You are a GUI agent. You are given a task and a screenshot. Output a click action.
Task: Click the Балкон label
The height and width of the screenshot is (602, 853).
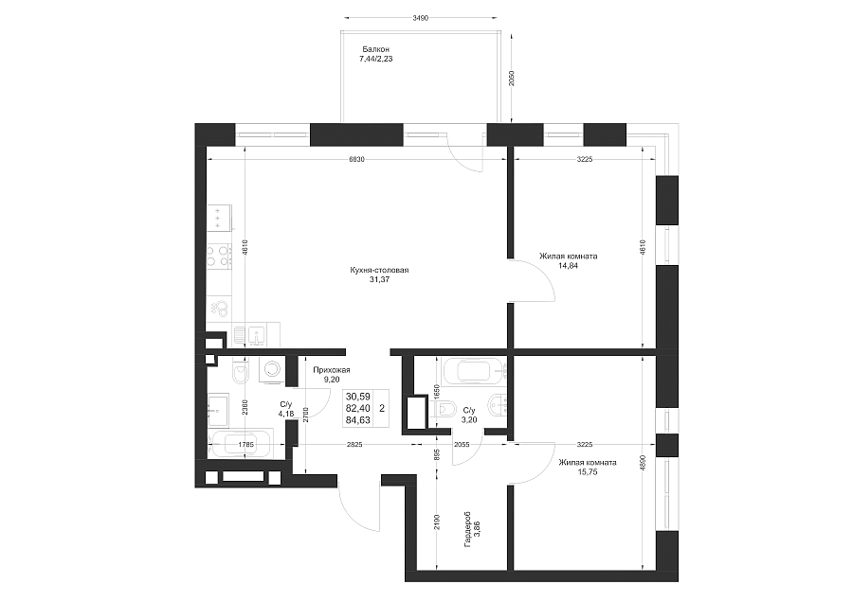point(376,49)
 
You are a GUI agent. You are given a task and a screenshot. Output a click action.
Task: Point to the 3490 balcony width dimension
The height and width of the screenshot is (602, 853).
point(420,18)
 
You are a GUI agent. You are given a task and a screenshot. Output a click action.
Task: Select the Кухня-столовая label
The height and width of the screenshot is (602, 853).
point(379,270)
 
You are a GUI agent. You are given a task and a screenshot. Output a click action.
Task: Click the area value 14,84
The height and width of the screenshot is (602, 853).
point(569,266)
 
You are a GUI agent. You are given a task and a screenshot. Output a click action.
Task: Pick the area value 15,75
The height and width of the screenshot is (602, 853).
point(588,472)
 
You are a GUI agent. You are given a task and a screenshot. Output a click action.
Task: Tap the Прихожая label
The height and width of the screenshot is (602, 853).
point(332,370)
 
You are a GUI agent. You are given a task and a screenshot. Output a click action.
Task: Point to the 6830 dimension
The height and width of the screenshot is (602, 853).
point(356,159)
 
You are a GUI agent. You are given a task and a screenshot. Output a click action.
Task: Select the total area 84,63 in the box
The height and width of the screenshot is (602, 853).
point(358,419)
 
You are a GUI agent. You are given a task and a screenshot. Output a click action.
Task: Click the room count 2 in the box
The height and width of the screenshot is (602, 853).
point(382,408)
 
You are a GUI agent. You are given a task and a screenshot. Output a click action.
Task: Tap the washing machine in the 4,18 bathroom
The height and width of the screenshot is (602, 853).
point(271,371)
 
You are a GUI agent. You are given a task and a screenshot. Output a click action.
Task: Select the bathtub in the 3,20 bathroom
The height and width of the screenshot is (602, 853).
point(475,372)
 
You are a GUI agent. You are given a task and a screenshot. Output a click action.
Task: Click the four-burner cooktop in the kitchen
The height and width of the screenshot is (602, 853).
point(220,256)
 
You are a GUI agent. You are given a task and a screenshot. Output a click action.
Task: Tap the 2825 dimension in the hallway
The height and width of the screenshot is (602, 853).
point(354,445)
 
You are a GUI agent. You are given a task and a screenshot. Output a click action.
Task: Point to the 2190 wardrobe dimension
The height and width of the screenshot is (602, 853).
point(437,522)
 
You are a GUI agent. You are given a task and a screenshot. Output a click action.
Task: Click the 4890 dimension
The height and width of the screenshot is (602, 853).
point(643,463)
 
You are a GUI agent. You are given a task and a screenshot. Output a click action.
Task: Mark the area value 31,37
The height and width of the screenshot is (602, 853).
point(379,280)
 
